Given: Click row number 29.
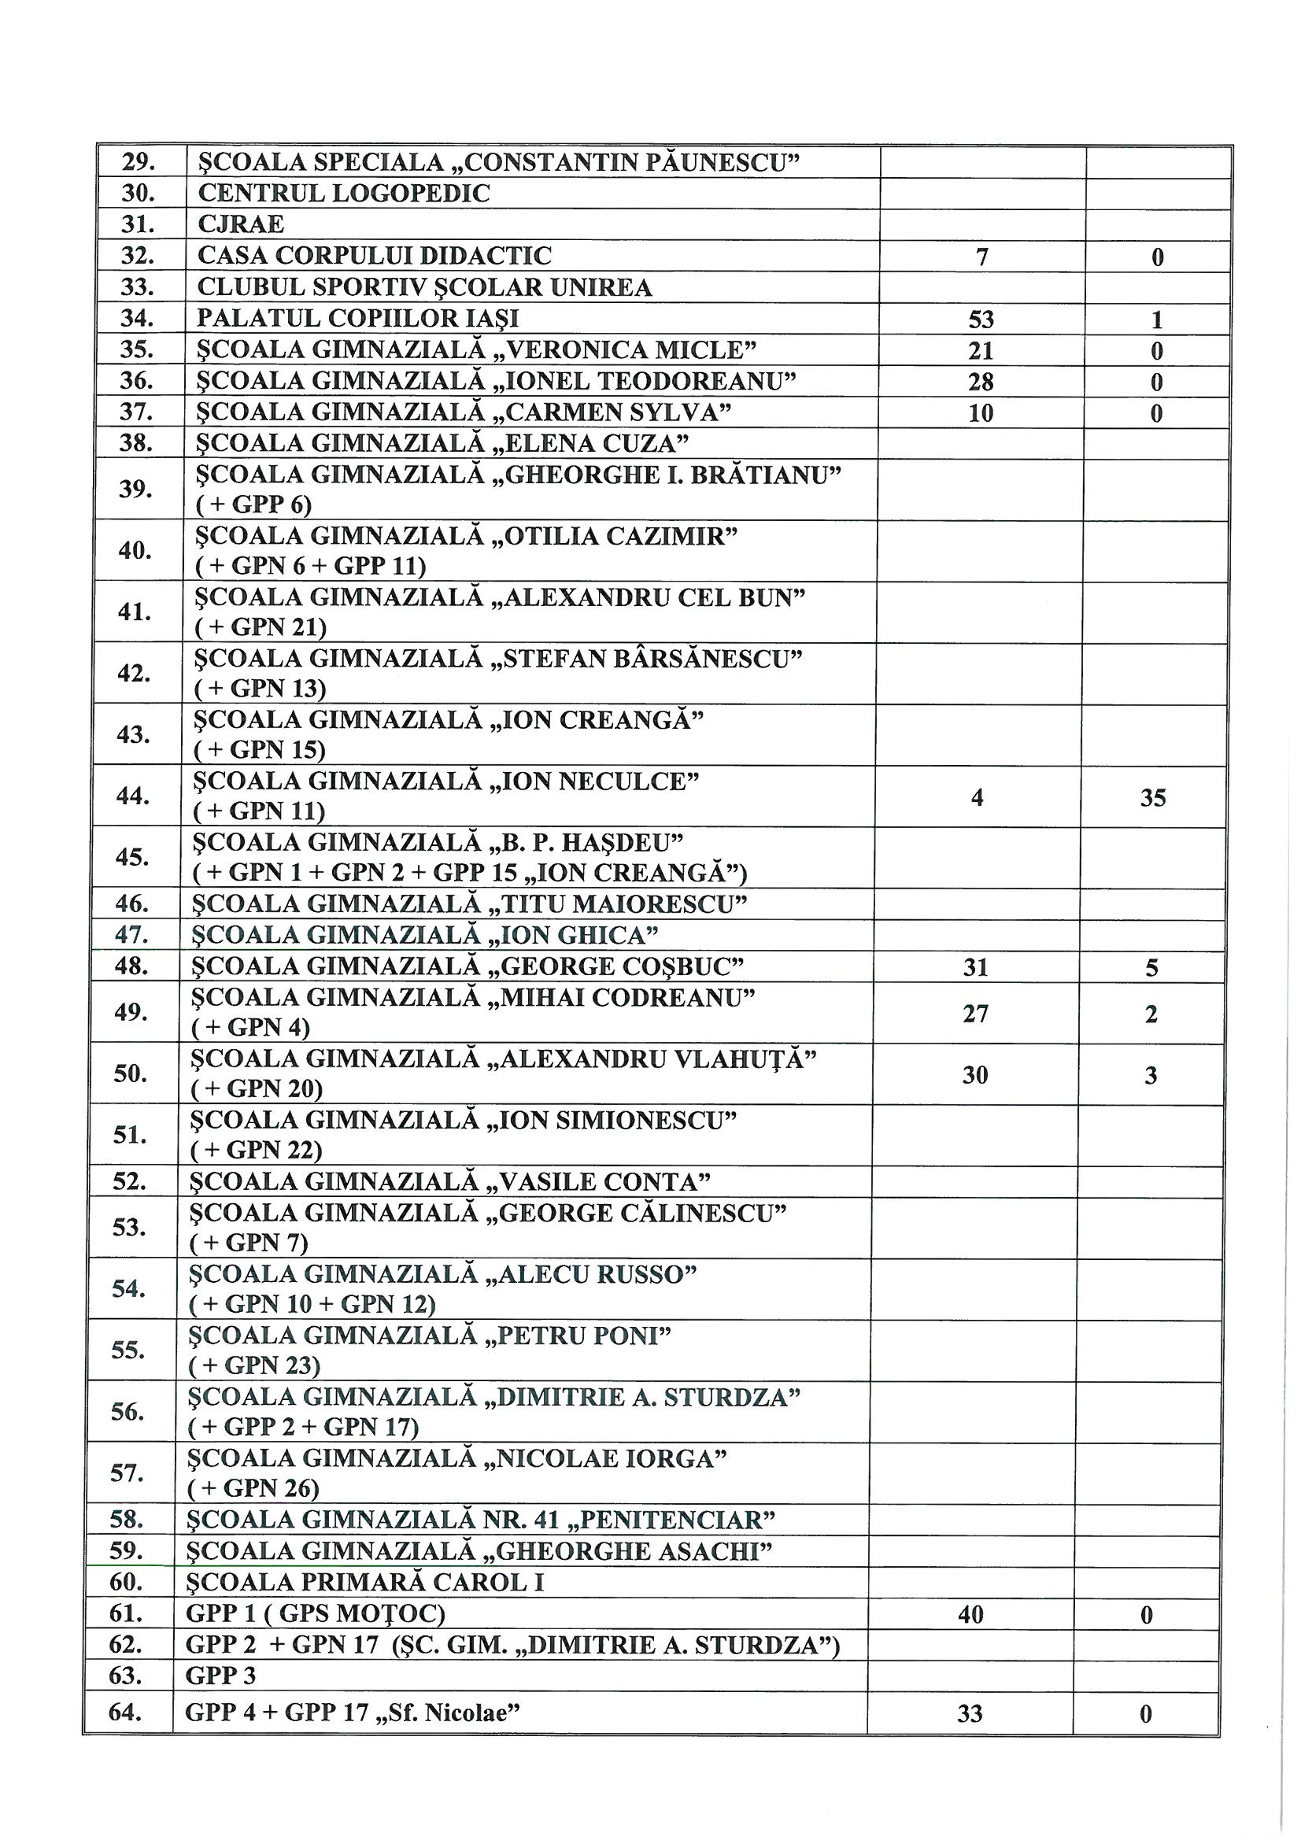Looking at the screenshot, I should pyautogui.click(x=138, y=162).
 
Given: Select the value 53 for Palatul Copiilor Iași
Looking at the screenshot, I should pyautogui.click(x=981, y=320).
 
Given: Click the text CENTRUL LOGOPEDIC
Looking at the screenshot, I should pyautogui.click(x=343, y=193).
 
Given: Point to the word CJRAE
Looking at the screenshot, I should pyautogui.click(x=241, y=224).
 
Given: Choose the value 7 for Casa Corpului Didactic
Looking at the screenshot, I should pyautogui.click(x=982, y=257).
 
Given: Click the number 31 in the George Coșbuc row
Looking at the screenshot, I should pyautogui.click(x=975, y=967).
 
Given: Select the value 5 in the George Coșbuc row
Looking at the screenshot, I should pyautogui.click(x=1151, y=968).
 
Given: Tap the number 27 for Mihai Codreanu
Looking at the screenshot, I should pyautogui.click(x=975, y=1014).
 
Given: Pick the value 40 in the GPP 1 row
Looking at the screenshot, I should pyautogui.click(x=970, y=1615).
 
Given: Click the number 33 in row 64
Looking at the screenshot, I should pyautogui.click(x=970, y=1714).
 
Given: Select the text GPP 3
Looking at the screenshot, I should pyautogui.click(x=210, y=1676).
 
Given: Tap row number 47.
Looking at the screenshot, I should pyautogui.click(x=131, y=935).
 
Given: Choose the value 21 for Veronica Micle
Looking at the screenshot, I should pyautogui.click(x=981, y=351).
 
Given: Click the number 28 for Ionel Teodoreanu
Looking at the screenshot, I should pyautogui.click(x=981, y=382).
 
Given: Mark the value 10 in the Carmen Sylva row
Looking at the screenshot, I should pyautogui.click(x=981, y=412).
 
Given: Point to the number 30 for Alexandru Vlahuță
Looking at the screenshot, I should pyautogui.click(x=974, y=1075).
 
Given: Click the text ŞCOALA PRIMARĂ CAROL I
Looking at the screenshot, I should pyautogui.click(x=364, y=1583).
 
